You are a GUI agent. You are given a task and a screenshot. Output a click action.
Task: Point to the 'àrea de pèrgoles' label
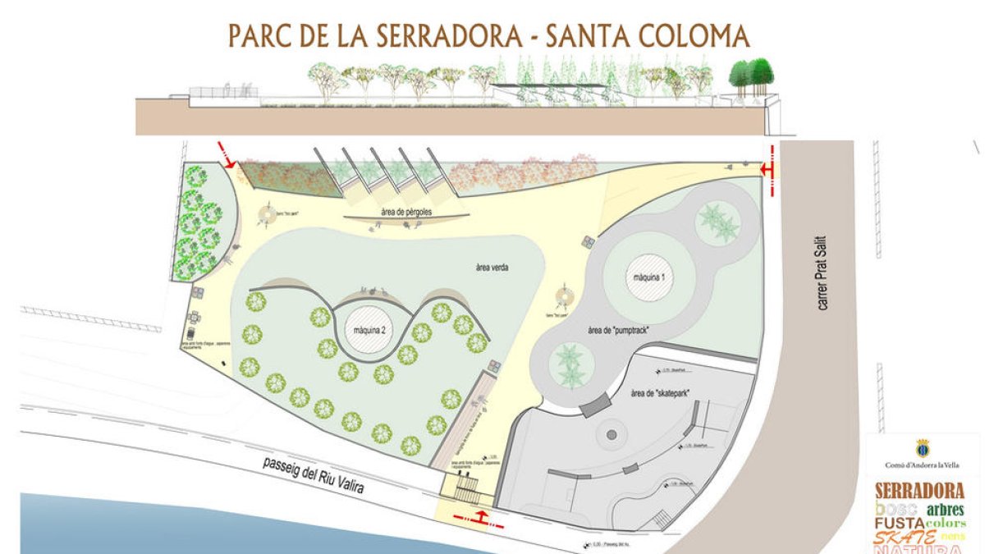406,213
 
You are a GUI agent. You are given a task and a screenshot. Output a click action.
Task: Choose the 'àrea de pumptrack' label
619,330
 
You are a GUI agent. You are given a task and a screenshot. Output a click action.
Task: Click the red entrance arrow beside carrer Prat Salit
769,169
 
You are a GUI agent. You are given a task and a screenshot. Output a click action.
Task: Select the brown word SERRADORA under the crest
919,491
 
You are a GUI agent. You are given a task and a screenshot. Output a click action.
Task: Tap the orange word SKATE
906,538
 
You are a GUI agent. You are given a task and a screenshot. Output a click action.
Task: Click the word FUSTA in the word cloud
899,523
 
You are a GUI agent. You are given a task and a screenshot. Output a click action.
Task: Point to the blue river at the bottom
205,525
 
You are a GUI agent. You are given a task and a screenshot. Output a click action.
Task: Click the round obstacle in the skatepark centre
611,435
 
